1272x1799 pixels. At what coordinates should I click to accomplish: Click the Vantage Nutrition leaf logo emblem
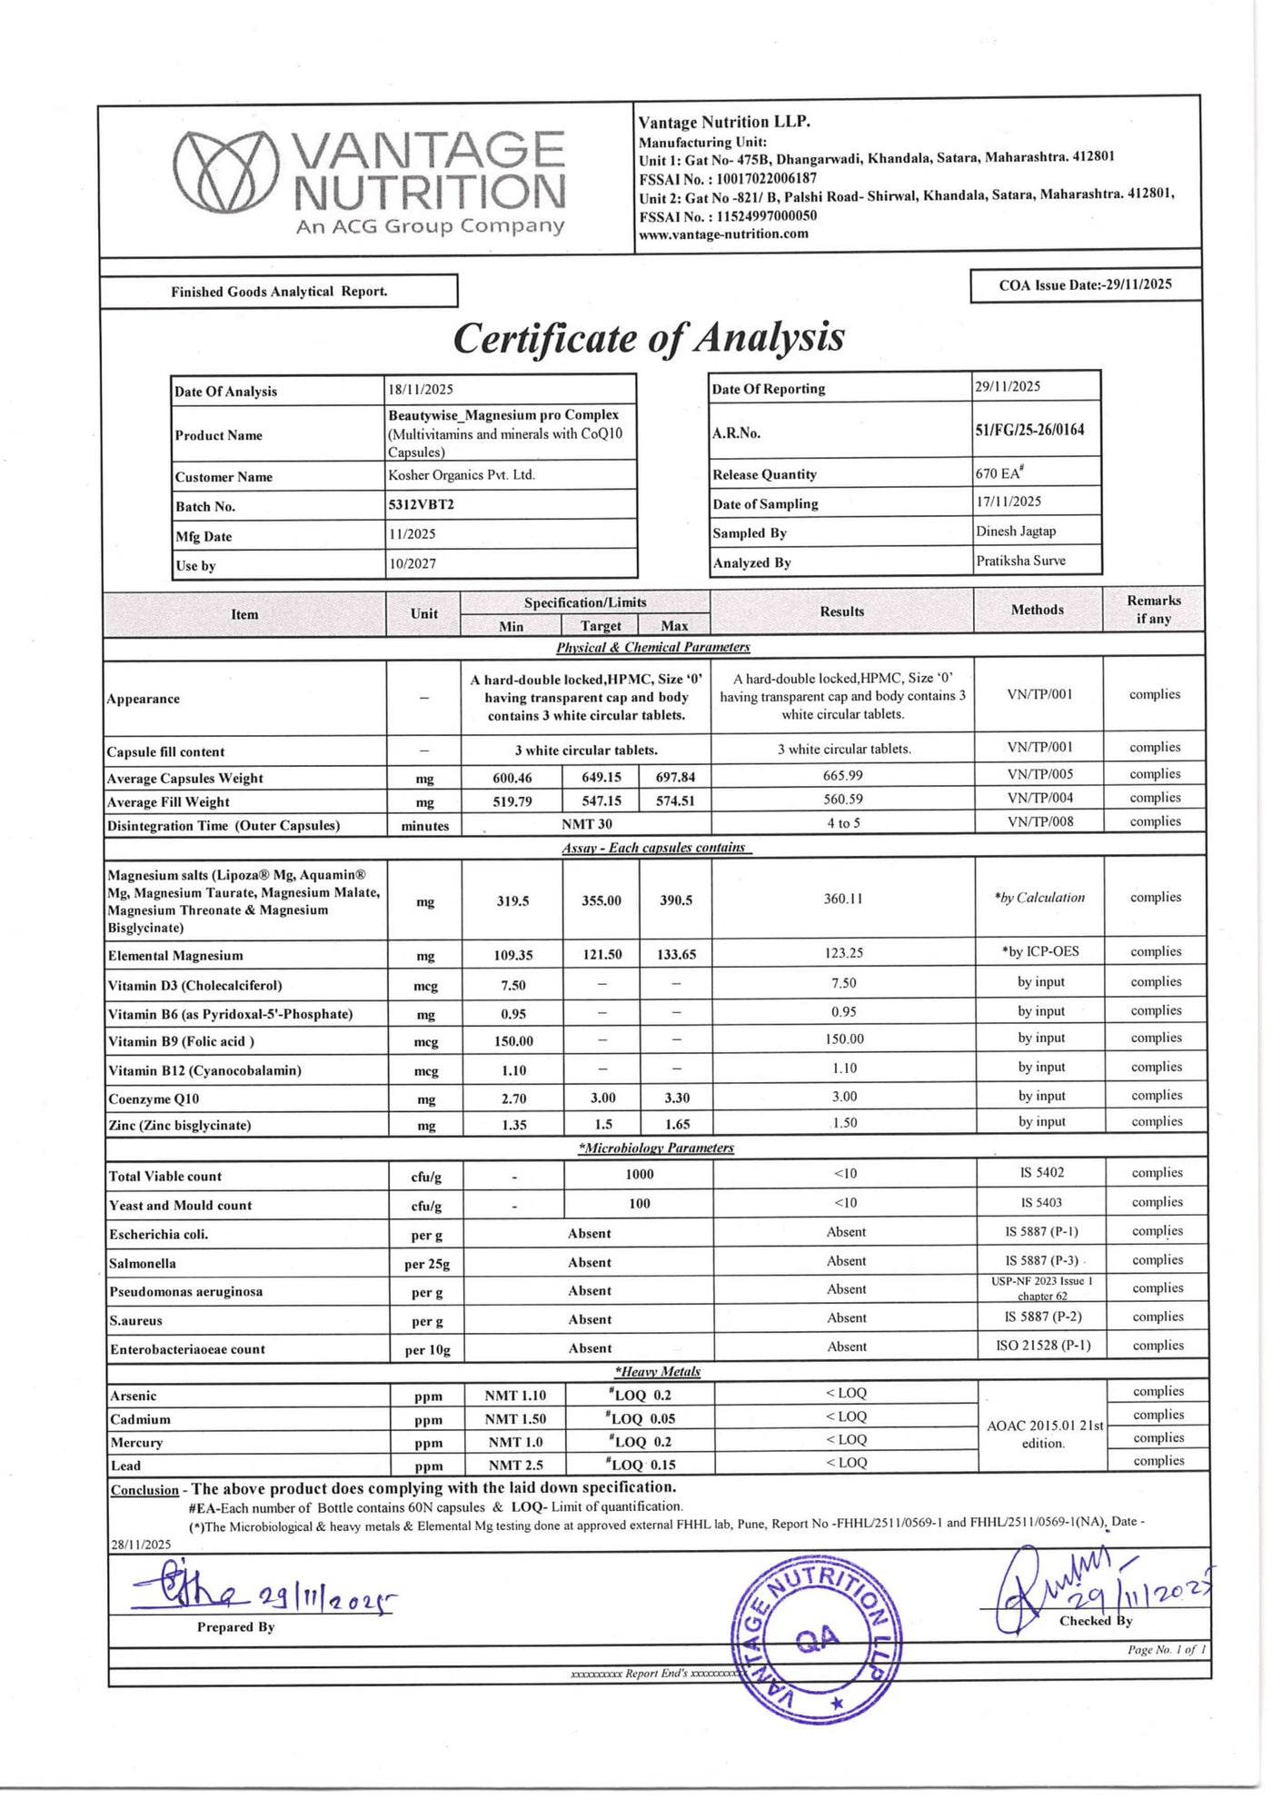coord(225,173)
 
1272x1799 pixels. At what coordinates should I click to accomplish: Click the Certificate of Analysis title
coord(649,338)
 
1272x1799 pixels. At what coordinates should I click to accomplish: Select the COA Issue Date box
coord(1085,285)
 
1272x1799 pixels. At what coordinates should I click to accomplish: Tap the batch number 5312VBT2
coord(422,505)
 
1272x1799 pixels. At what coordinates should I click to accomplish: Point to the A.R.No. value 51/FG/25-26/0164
coord(1029,430)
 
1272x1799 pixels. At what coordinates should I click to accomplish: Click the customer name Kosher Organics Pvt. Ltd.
coord(462,475)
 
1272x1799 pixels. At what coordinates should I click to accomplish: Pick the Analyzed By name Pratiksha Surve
coord(1020,561)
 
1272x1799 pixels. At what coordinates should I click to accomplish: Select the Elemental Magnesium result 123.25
coord(843,953)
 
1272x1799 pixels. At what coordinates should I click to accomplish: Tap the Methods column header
coord(1037,610)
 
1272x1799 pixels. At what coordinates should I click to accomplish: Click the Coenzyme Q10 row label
coord(154,1099)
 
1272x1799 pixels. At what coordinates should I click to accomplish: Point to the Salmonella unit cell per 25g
coord(426,1264)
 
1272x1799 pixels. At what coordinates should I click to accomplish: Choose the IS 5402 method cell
coord(1041,1173)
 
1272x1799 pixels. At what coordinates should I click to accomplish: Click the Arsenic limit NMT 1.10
coord(515,1395)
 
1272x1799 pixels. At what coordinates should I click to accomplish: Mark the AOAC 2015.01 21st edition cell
coord(1043,1435)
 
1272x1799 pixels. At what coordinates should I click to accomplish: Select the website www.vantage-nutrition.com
coord(723,234)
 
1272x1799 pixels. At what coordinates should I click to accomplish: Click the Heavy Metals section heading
coord(658,1372)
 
